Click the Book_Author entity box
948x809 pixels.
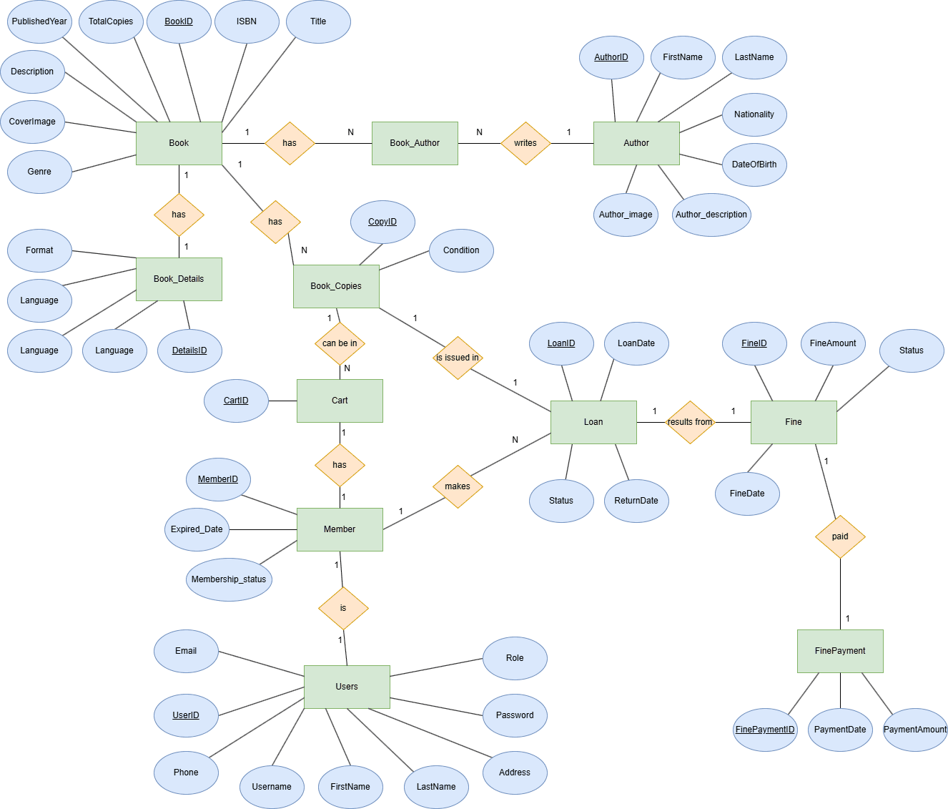tap(415, 143)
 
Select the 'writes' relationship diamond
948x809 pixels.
tap(525, 143)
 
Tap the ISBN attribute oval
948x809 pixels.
tap(247, 21)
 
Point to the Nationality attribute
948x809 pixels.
tap(754, 114)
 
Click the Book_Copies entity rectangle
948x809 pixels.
tap(336, 286)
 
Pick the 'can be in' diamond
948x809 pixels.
tap(340, 343)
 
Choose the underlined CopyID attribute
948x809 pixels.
tap(382, 222)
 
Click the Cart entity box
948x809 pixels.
tap(340, 401)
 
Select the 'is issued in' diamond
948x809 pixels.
tap(458, 358)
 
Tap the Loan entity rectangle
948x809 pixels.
tap(593, 422)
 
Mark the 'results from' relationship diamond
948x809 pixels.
tap(690, 422)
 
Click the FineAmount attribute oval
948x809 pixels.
tap(833, 343)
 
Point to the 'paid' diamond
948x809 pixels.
tap(840, 536)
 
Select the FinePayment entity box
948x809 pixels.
tap(840, 651)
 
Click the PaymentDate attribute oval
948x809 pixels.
tap(840, 730)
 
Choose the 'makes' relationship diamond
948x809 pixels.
tap(458, 486)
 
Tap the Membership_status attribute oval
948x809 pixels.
tap(229, 579)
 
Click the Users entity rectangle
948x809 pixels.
tap(347, 687)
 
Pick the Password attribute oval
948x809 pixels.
tap(515, 715)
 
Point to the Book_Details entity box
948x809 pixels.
tap(179, 279)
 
